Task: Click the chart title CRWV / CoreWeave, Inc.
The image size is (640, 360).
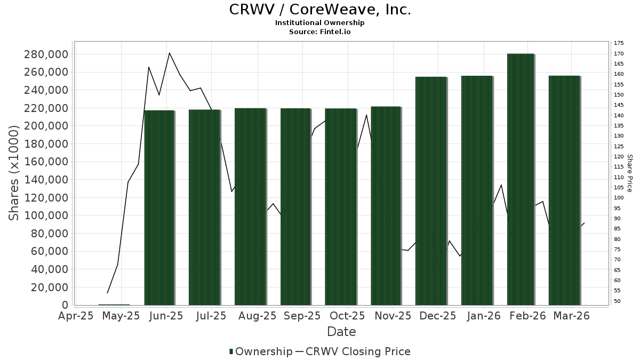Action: [x=320, y=10]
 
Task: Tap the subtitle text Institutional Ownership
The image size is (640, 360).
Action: [x=320, y=23]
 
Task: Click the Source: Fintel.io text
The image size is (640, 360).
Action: [x=320, y=31]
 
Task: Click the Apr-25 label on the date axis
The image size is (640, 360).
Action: [x=76, y=316]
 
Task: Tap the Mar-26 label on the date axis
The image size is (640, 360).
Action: [x=572, y=316]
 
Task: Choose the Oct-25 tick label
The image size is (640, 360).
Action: [x=347, y=316]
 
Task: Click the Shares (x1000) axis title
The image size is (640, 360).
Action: [x=14, y=173]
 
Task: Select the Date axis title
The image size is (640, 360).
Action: [x=341, y=332]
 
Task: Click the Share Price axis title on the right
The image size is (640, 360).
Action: [x=629, y=173]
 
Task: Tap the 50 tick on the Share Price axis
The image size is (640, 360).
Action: [x=617, y=301]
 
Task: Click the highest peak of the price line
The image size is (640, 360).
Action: [x=169, y=53]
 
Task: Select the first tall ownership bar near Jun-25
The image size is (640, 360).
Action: [x=159, y=208]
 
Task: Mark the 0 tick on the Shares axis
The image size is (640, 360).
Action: [x=65, y=305]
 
